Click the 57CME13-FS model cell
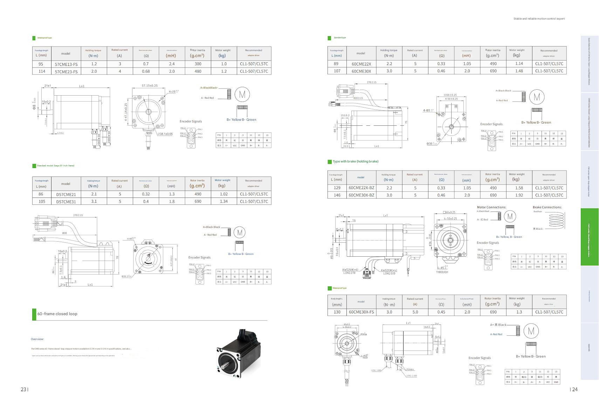coord(66,64)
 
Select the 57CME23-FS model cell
coord(66,71)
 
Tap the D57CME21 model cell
coord(66,194)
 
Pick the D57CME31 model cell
coord(66,202)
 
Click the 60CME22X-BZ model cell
coord(361,188)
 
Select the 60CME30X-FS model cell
coord(361,312)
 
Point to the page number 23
coord(23,389)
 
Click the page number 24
coord(575,389)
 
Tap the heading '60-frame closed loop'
coord(57,314)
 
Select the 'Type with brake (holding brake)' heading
coord(355,161)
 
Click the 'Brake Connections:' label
coord(547,207)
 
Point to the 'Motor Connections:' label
coord(491,207)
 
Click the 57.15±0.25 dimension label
coord(150,85)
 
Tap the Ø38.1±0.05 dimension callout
coord(165,134)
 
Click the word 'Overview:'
coord(37,339)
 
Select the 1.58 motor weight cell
coord(519,188)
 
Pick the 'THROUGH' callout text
coord(442,272)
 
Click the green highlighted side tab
coord(590,237)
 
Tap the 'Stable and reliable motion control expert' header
coord(539,19)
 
